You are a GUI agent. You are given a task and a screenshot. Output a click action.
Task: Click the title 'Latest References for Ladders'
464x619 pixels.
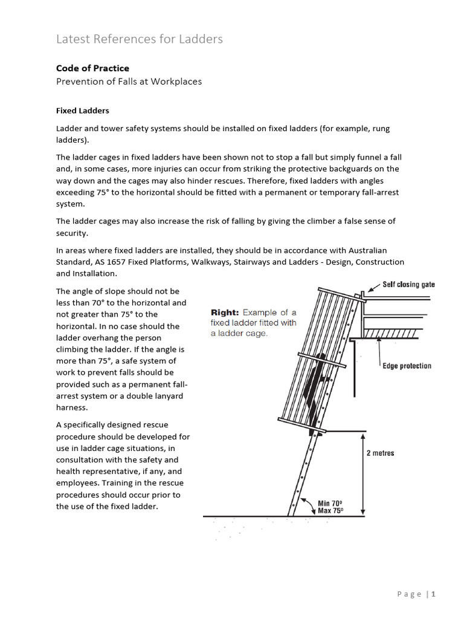(140, 39)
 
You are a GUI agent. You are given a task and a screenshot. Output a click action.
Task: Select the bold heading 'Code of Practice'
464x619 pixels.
(92, 68)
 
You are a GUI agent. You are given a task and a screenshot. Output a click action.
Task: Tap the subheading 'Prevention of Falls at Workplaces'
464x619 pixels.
(129, 82)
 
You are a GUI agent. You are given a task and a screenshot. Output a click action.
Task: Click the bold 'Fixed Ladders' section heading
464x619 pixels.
(83, 111)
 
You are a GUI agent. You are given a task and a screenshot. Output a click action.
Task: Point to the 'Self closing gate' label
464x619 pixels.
(408, 284)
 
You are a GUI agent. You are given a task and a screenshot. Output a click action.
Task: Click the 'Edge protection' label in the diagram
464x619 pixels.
(407, 366)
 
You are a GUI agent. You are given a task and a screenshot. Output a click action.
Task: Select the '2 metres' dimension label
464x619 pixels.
(380, 453)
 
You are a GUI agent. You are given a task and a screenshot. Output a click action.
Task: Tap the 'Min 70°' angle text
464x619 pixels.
(330, 502)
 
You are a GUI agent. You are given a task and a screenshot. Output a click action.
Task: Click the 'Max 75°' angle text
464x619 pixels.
(330, 511)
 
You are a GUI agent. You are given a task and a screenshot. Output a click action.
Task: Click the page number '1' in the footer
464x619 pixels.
(433, 594)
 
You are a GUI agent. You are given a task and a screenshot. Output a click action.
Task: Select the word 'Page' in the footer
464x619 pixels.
(409, 594)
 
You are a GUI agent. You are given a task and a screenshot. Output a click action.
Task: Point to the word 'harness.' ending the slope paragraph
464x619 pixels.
(72, 407)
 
